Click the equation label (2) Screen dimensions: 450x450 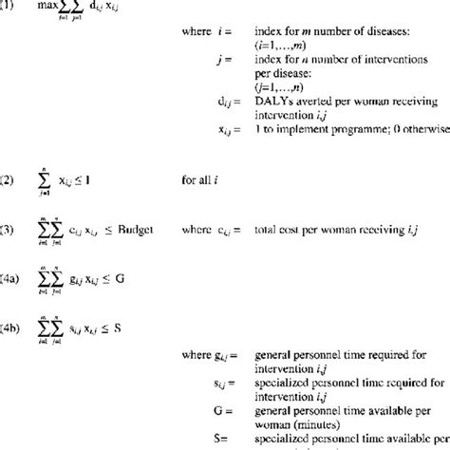[x=7, y=178]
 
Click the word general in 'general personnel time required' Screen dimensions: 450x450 [x=274, y=354]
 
